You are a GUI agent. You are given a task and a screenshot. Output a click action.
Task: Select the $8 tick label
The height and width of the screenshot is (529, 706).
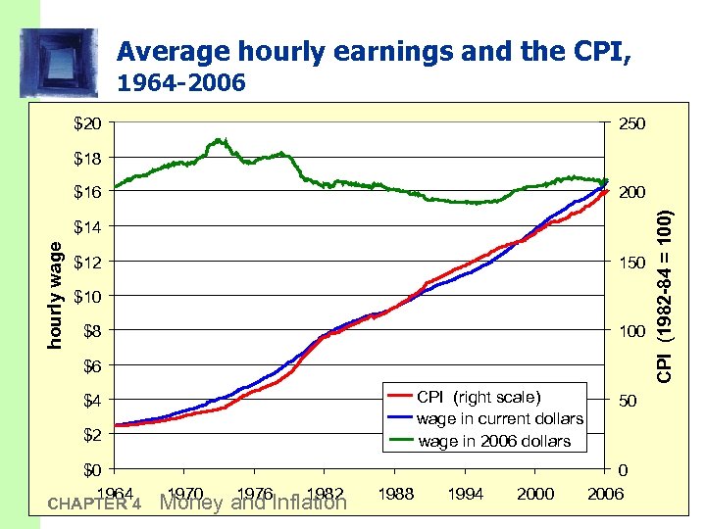click(x=92, y=331)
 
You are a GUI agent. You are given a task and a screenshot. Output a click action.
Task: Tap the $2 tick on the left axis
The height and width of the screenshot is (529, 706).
click(x=92, y=434)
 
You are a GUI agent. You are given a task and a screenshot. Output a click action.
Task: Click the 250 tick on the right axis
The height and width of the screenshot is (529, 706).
click(x=630, y=123)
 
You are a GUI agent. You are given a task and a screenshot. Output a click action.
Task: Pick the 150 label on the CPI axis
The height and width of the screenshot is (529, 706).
click(x=630, y=263)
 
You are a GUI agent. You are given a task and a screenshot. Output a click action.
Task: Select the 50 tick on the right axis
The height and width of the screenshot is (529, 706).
click(x=626, y=402)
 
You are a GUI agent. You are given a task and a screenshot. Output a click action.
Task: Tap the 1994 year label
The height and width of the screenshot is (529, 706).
click(x=466, y=494)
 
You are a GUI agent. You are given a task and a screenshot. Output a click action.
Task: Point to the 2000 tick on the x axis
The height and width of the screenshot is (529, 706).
click(x=535, y=494)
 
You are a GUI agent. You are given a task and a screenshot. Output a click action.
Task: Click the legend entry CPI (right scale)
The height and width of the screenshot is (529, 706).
click(x=478, y=397)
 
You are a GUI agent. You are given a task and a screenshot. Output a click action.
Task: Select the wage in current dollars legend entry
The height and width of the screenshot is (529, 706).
click(x=499, y=418)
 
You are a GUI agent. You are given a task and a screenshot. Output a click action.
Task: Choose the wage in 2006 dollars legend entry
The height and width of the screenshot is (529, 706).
click(x=494, y=441)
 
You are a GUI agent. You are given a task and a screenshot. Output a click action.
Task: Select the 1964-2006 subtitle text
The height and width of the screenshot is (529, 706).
click(x=180, y=84)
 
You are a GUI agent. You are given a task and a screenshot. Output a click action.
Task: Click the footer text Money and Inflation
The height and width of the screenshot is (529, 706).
click(x=253, y=504)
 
